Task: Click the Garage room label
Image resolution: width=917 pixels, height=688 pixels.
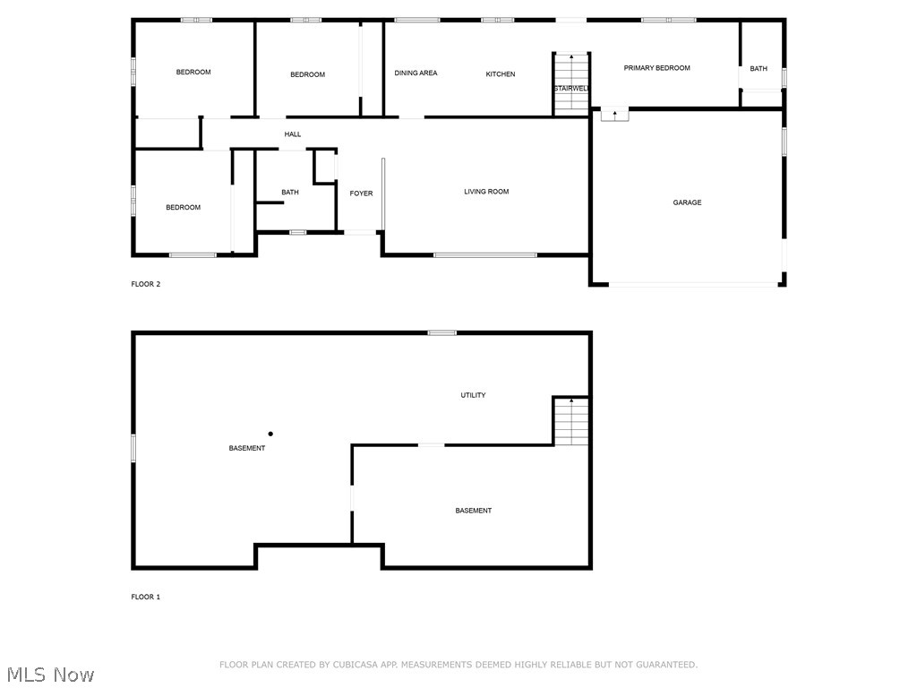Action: click(687, 202)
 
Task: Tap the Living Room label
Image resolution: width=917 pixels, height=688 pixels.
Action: click(486, 192)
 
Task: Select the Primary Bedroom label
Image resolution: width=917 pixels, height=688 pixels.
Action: click(656, 68)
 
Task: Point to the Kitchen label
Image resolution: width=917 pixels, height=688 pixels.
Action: click(501, 74)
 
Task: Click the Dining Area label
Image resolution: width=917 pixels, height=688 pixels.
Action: click(416, 73)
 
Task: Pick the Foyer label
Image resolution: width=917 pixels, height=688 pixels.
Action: click(361, 193)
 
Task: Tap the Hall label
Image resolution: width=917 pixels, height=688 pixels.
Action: click(293, 134)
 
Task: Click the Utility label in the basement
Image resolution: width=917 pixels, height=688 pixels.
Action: click(473, 395)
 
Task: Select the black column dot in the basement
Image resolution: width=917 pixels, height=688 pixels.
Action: click(270, 434)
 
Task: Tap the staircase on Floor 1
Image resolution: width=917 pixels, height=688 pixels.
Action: click(570, 422)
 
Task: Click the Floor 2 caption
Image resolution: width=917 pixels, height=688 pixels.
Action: click(145, 285)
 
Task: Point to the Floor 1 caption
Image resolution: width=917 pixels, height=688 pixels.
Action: click(145, 597)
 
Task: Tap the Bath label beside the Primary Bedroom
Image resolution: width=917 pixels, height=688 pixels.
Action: click(758, 69)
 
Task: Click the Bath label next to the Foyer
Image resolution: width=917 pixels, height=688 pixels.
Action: click(290, 193)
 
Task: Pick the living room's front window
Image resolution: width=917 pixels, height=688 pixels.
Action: click(485, 255)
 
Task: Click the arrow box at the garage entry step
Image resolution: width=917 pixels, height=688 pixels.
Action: click(614, 115)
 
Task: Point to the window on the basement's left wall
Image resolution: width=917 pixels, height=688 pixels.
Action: click(134, 448)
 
